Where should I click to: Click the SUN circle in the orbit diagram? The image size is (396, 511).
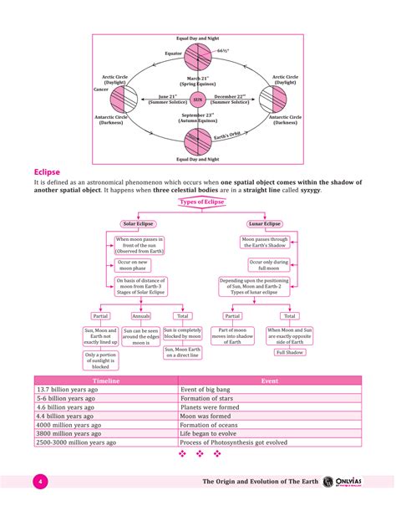tap(198, 98)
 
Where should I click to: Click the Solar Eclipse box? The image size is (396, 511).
tap(140, 224)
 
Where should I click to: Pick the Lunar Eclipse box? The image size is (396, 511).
tap(265, 224)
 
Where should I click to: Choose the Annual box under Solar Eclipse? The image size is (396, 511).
tap(141, 316)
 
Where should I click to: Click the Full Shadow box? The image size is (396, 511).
tap(288, 352)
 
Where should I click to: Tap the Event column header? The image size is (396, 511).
tap(269, 381)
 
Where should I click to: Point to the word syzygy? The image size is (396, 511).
tap(308, 191)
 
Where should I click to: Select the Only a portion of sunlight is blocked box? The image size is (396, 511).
tap(101, 360)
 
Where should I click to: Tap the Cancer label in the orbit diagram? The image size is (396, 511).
tap(100, 88)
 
